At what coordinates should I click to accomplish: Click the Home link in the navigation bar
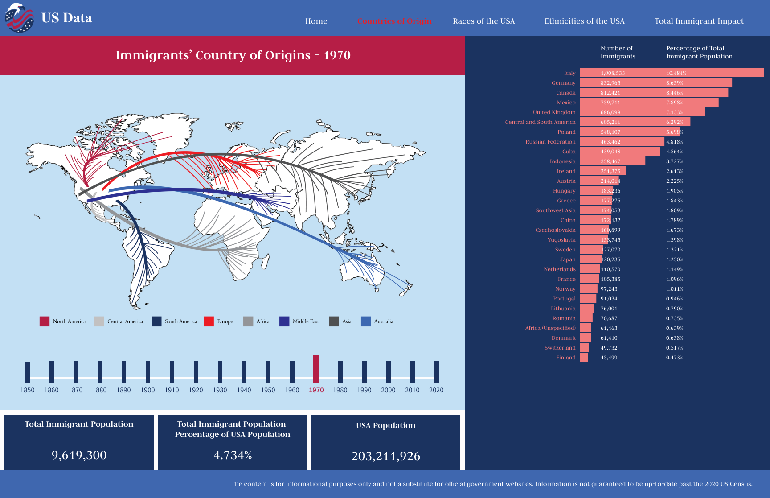[316, 21]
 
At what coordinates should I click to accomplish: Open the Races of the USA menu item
[483, 21]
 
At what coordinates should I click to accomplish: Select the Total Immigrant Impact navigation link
[699, 21]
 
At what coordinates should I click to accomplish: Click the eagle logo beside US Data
[19, 18]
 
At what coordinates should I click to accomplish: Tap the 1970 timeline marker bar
[316, 369]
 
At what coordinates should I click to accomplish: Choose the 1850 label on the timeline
[27, 390]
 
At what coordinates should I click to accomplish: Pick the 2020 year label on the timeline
[436, 390]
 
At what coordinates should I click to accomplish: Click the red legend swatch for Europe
[209, 321]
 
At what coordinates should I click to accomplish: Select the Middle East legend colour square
[284, 321]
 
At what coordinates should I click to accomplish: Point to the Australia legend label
[384, 321]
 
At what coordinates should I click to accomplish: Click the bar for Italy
[672, 73]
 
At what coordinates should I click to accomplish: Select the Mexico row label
[566, 103]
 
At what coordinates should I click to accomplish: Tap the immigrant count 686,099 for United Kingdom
[610, 112]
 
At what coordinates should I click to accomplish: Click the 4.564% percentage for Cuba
[675, 152]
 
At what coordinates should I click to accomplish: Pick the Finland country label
[566, 358]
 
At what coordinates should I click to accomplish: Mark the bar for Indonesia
[612, 161]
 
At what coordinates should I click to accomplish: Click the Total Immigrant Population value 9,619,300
[79, 455]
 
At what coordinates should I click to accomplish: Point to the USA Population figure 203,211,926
[386, 456]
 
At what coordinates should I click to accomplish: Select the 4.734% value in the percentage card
[233, 455]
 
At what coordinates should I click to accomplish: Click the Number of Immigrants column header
[618, 52]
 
